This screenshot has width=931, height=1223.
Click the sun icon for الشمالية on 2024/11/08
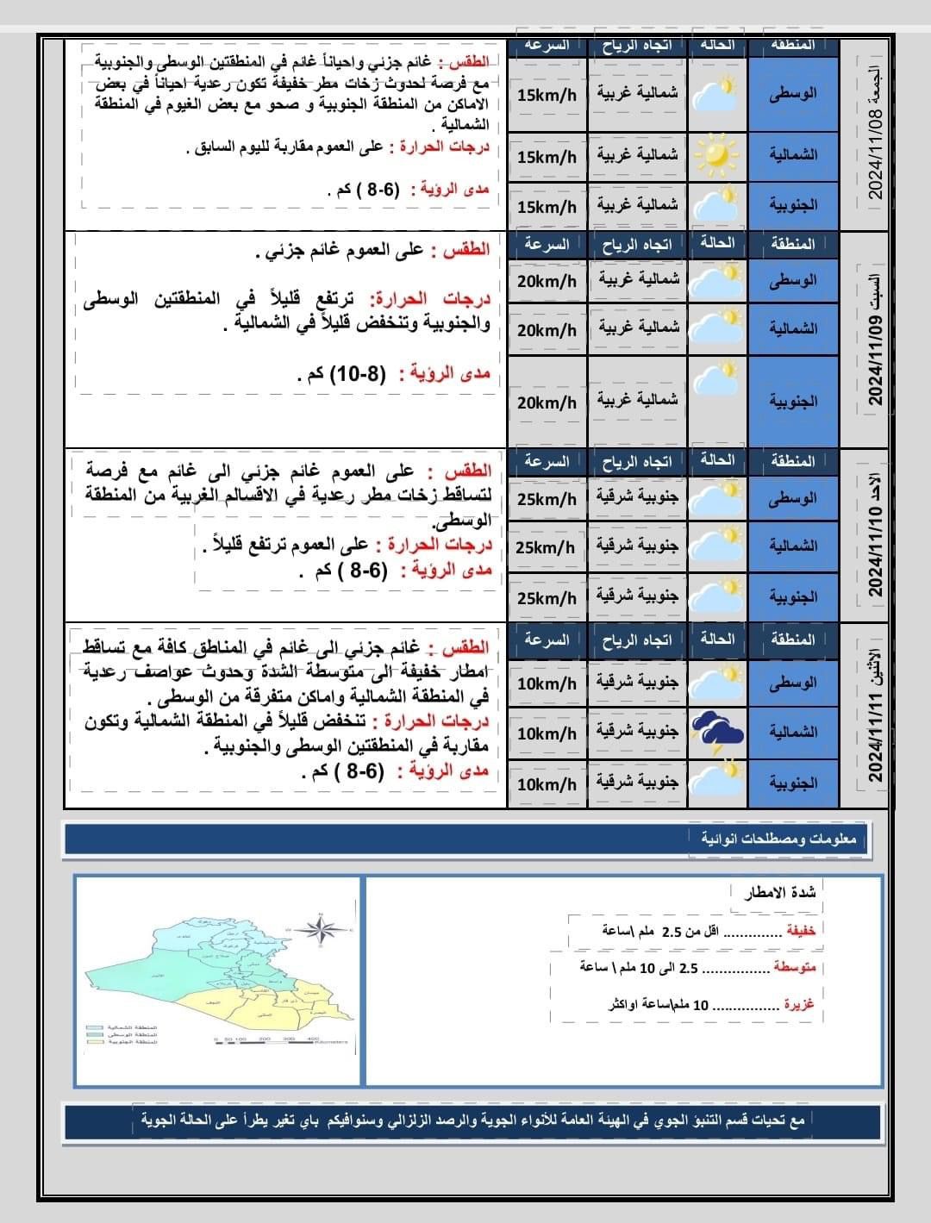pyautogui.click(x=717, y=156)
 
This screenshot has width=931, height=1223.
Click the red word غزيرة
pyautogui.click(x=798, y=1005)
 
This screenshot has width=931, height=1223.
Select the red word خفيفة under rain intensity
pyautogui.click(x=801, y=931)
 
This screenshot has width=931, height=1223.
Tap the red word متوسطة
pyautogui.click(x=794, y=968)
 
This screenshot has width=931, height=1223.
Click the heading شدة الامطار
pyautogui.click(x=779, y=893)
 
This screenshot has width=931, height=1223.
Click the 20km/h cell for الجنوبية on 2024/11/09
pyautogui.click(x=547, y=402)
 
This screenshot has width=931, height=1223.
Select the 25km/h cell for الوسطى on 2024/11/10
pyautogui.click(x=547, y=499)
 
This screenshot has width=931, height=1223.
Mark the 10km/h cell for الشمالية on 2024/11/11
pyautogui.click(x=547, y=733)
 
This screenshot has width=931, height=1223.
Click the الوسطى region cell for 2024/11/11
pyautogui.click(x=793, y=683)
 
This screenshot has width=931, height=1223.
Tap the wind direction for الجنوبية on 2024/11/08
pyautogui.click(x=637, y=205)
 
